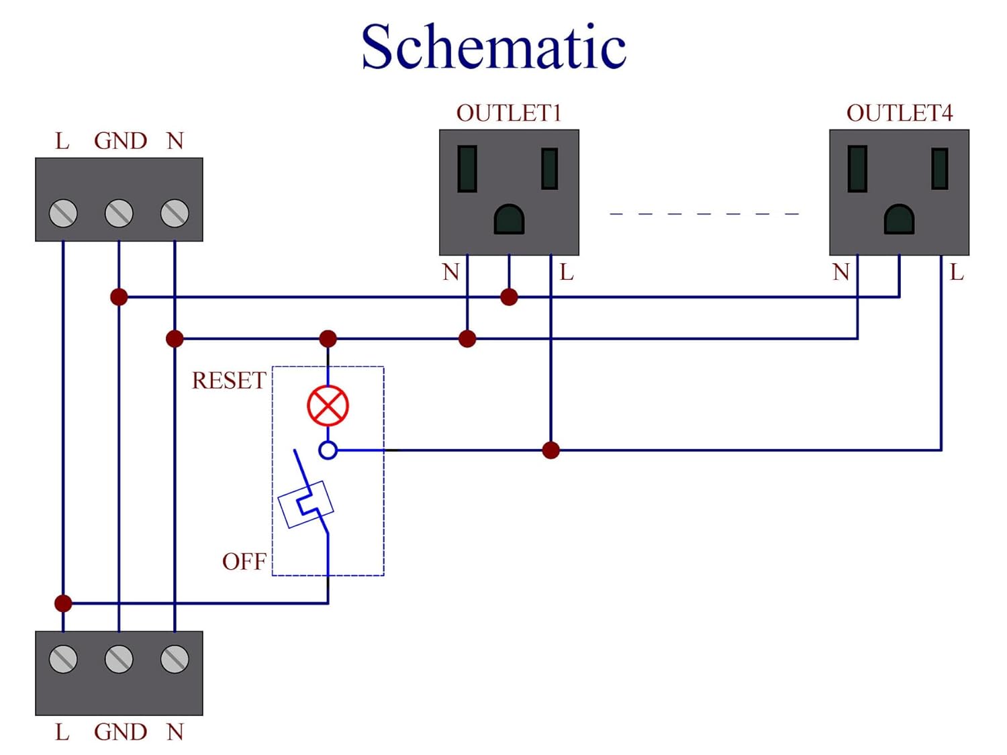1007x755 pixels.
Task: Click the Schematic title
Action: pos(493,47)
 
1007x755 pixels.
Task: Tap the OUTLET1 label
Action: pos(508,113)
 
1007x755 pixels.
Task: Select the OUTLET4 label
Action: pos(899,113)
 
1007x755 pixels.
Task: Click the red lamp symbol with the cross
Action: pos(328,405)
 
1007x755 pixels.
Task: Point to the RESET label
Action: pos(229,381)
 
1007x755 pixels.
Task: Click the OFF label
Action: pos(244,561)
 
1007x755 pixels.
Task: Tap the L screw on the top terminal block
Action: pos(63,213)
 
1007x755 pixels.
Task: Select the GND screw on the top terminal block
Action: pos(119,213)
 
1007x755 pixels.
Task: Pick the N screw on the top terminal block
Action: pos(175,213)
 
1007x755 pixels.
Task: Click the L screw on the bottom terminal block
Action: pos(63,659)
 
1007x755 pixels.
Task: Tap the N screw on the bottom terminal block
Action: pos(175,659)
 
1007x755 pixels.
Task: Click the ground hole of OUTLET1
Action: pos(509,219)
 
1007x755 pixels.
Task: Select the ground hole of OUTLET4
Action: pos(899,219)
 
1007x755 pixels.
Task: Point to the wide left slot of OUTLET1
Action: pos(467,169)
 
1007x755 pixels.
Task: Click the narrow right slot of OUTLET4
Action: pos(940,168)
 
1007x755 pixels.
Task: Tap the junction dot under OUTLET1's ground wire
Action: pos(509,297)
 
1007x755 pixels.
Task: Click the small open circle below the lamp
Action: pos(328,450)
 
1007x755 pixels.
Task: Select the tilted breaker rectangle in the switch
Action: pos(306,504)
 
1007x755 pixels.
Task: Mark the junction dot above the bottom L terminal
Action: pos(63,603)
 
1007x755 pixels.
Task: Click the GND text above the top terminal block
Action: pos(120,141)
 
